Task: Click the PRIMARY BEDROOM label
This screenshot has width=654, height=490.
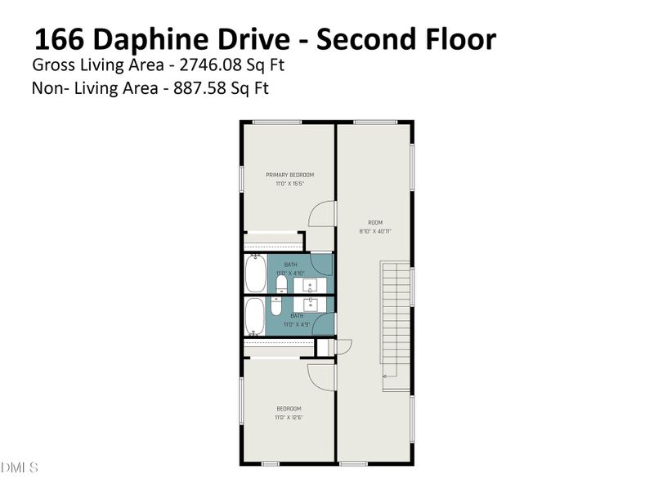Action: tap(289, 175)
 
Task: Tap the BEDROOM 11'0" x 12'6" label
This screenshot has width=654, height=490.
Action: tap(289, 408)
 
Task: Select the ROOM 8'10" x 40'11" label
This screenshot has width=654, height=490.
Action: tap(376, 222)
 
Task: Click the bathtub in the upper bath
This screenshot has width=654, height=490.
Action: tap(255, 274)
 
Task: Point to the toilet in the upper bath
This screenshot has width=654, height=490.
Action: tap(280, 283)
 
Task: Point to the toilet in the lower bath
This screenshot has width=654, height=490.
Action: tap(277, 307)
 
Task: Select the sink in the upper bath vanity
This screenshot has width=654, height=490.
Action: tap(311, 284)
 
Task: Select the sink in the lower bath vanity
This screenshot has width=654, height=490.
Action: tap(311, 305)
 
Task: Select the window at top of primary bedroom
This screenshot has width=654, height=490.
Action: tap(277, 122)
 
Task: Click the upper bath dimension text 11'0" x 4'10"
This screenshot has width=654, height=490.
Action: tap(290, 272)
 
